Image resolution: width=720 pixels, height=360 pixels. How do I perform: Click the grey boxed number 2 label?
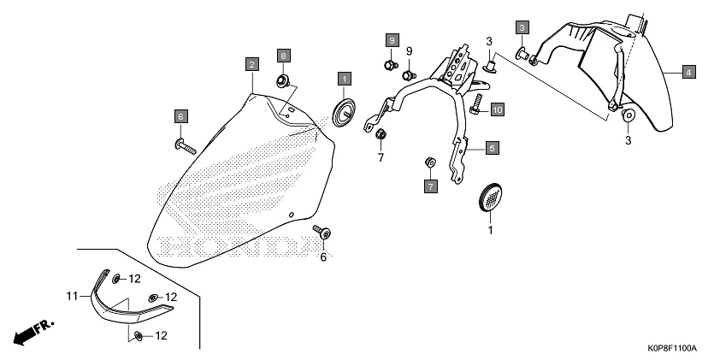(251, 64)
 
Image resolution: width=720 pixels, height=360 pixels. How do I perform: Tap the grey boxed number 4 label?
(688, 73)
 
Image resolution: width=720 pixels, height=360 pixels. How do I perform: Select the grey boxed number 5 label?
(492, 148)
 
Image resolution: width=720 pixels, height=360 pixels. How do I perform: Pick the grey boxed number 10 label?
(497, 109)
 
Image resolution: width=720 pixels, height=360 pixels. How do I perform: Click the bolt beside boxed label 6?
(184, 143)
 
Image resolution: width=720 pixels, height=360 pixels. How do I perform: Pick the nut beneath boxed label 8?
(281, 81)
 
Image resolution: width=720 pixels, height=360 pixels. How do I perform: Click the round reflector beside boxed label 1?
(344, 112)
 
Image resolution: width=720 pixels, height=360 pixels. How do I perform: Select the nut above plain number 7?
(381, 134)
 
